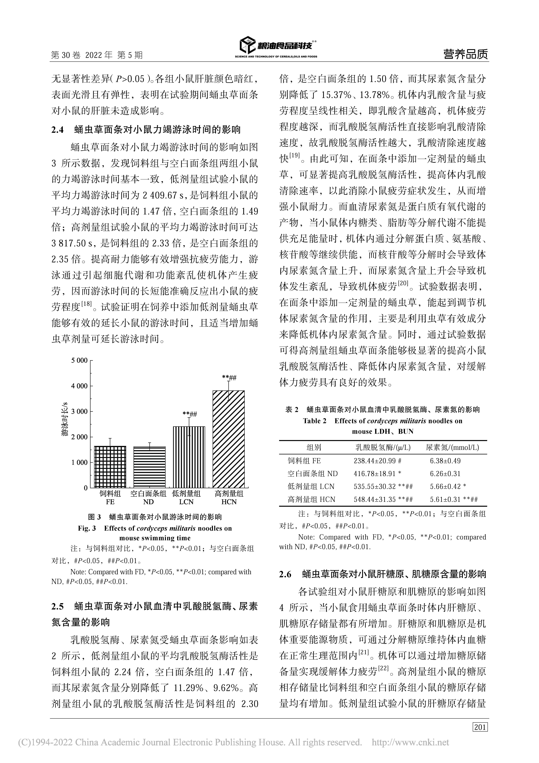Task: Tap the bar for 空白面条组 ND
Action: (149, 467)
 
